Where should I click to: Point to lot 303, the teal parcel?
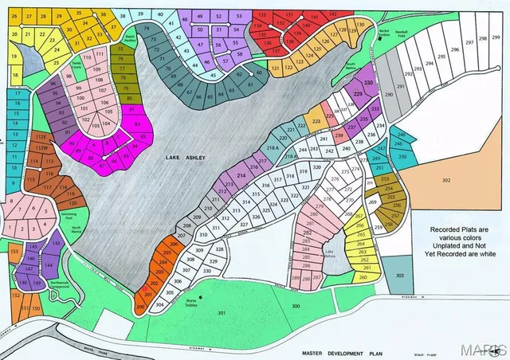coord(399,275)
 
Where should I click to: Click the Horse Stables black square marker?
coord(202,296)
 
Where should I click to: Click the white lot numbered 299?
coord(496,37)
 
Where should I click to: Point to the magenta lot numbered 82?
coord(137,124)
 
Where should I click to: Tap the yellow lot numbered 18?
coord(14,75)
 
